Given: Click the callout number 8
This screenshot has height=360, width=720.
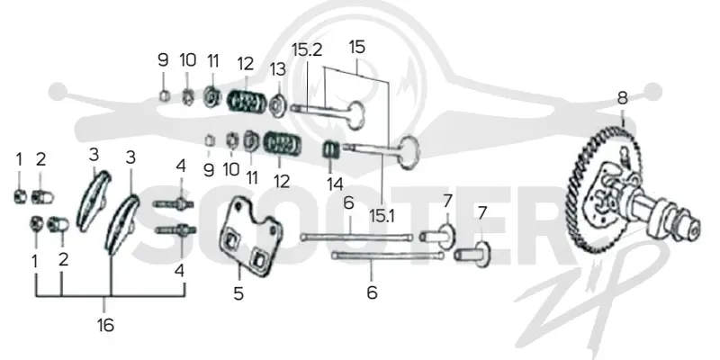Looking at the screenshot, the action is point(622,98).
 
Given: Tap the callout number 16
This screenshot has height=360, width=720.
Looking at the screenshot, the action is point(105,325).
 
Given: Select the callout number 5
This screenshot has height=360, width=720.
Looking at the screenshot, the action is point(238,294).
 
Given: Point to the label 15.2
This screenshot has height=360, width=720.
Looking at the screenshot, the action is point(307,50).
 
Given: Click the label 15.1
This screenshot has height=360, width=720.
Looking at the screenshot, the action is point(382,216).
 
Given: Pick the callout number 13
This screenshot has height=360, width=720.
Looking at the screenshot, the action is point(278,69).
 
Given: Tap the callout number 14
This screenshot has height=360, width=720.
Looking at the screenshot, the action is point(335,184).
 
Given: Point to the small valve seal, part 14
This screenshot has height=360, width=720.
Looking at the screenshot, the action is point(332,149).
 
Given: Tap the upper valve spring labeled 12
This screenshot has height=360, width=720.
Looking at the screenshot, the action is point(247,102).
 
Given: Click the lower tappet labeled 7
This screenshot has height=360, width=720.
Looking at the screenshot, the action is point(473,254).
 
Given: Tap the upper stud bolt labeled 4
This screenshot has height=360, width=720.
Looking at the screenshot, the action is point(174,204).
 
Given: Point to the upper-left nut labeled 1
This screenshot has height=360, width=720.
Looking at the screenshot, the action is point(19,197).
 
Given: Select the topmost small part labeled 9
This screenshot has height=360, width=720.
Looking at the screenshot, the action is point(165,96).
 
